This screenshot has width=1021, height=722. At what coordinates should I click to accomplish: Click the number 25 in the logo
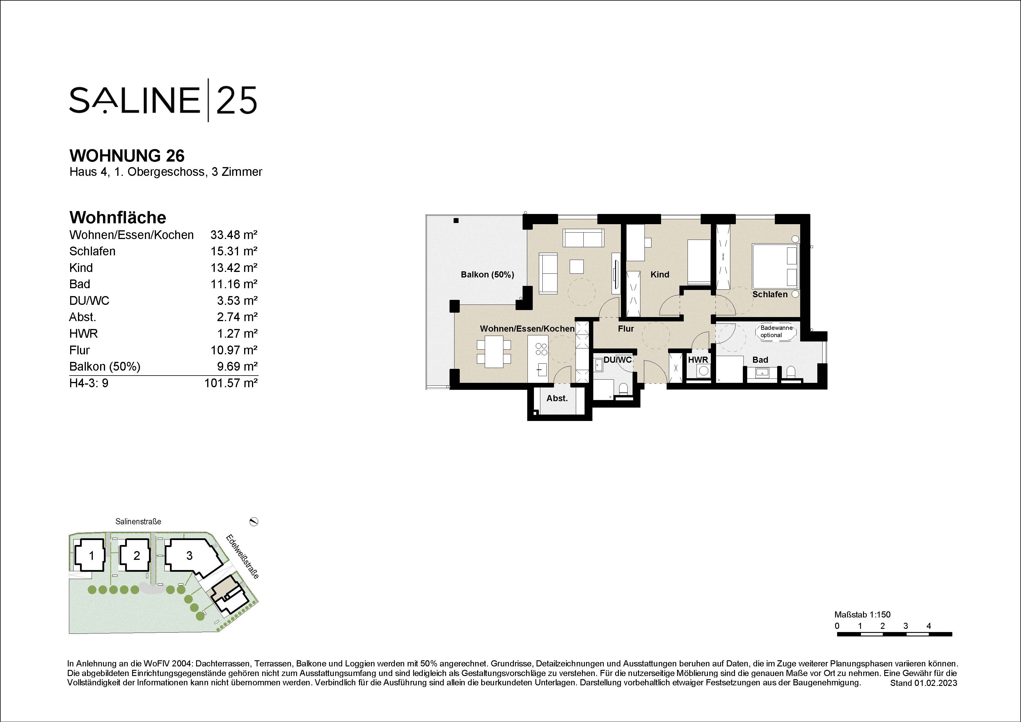click(237, 100)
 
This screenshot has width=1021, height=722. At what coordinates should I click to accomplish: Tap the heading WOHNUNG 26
click(127, 156)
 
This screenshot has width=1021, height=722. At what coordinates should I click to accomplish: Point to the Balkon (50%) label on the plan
click(487, 275)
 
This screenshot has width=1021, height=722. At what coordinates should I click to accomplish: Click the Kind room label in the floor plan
click(659, 275)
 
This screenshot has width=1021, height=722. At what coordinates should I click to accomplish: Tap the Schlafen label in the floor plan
click(770, 294)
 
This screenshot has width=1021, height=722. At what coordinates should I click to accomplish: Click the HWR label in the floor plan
click(698, 360)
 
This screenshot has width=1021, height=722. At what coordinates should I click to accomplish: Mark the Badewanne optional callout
click(776, 331)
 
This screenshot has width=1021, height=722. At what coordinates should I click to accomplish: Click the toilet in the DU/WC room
click(623, 390)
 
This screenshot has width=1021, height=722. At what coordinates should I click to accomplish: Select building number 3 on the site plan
click(189, 556)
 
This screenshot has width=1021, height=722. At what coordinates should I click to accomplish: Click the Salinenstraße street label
click(138, 521)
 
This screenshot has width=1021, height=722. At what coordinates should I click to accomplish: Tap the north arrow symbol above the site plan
click(254, 521)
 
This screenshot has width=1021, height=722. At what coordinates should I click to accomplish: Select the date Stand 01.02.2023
click(923, 683)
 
